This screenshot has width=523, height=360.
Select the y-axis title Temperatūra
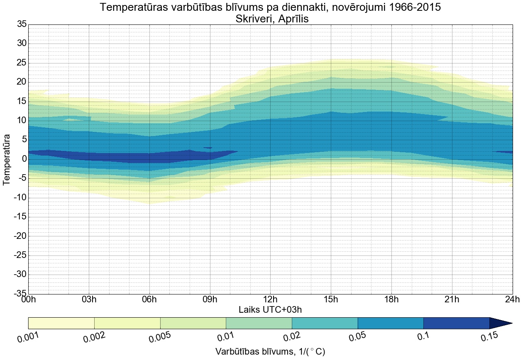7,159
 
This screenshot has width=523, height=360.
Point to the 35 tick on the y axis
22,24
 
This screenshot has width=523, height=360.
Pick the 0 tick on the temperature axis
24,159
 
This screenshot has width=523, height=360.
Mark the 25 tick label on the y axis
22,63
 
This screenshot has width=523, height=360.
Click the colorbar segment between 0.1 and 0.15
456,323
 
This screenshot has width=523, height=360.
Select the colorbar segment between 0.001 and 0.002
61,323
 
